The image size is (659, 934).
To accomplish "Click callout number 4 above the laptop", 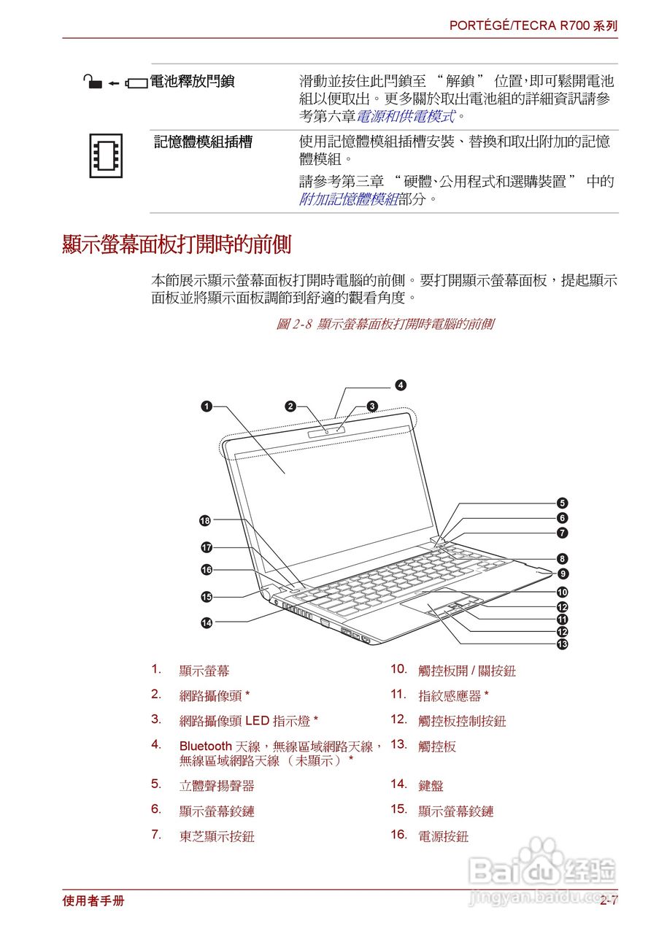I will [x=401, y=385].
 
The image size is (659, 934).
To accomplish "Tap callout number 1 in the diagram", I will [x=207, y=407].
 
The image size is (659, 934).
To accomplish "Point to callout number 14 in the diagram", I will [x=207, y=622].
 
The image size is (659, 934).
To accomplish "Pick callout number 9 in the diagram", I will [x=563, y=574].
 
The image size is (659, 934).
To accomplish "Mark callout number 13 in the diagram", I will [x=563, y=644].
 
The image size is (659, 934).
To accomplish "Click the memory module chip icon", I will [x=106, y=155].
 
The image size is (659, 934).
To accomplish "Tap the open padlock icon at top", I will [x=92, y=82].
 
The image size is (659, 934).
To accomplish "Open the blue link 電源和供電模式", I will [x=405, y=116].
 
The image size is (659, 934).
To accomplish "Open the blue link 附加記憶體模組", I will [x=348, y=198].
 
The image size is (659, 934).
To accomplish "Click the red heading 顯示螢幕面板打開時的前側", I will [x=177, y=244].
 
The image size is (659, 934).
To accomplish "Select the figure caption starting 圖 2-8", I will [x=384, y=324].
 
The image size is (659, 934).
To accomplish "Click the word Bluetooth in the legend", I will [x=205, y=746].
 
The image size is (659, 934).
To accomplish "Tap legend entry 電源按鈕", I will [x=443, y=836].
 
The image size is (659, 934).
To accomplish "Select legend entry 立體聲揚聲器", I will [x=217, y=786].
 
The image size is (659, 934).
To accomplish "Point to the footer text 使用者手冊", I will [x=93, y=900].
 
